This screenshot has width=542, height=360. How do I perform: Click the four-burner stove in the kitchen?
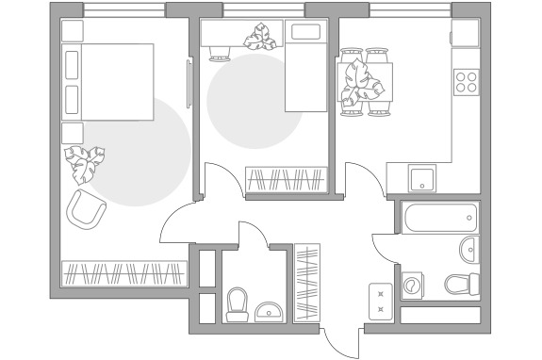466,82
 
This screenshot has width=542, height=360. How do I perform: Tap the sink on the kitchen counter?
420,175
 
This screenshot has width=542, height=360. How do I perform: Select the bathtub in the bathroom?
438,218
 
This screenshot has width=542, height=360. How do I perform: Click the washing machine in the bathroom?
413,285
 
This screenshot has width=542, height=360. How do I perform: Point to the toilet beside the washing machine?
463,284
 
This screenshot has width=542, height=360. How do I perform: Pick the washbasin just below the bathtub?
468,250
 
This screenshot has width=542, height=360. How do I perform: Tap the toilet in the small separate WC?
237,303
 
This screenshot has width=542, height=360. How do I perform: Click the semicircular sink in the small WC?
269,310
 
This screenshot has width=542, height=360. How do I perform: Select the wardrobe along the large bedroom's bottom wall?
122,273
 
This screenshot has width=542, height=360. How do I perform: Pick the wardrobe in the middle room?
287,179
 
